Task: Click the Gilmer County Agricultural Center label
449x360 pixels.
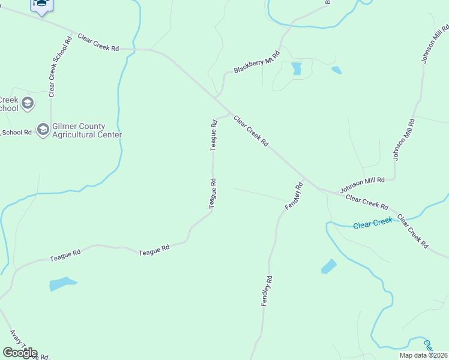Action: coord(87,130)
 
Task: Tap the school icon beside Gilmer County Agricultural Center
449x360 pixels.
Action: coord(43,130)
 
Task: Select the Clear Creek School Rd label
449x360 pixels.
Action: coord(59,67)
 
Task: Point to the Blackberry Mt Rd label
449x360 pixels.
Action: coord(257,62)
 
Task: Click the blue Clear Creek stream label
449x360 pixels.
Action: coord(372,224)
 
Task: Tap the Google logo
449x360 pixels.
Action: coord(20,353)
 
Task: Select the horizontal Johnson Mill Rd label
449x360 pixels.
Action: coord(362,184)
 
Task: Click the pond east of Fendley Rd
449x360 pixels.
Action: coord(328,266)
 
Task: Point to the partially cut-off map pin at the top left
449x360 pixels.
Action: coord(41,7)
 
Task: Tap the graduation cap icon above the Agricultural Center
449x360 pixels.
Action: coord(27,104)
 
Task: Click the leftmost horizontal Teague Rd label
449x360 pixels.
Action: coord(65,256)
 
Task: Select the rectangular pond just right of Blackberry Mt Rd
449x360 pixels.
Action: coord(296,68)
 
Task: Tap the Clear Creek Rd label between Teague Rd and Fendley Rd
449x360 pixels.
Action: coord(250,130)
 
